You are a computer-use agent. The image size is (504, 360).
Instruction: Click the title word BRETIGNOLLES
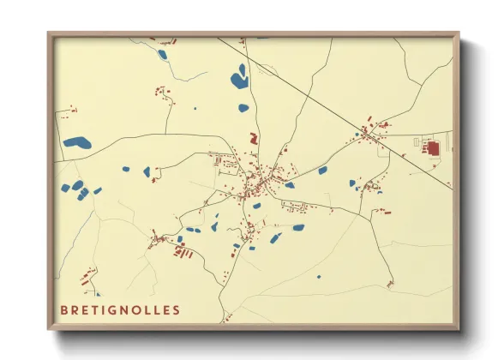(120, 309)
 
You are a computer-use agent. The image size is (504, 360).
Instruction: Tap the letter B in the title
(63, 309)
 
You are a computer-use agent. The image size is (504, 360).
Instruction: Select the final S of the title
(177, 309)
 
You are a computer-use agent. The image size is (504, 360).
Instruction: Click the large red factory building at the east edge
(433, 148)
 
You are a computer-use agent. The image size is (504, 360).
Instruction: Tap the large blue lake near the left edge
(76, 143)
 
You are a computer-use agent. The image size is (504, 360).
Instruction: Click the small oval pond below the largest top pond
(243, 108)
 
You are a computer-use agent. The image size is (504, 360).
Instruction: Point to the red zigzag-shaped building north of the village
(253, 137)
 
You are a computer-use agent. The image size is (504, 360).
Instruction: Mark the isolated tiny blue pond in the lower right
(318, 277)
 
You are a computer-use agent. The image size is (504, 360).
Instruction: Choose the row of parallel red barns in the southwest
(181, 251)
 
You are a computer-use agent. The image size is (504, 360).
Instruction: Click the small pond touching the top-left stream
(162, 54)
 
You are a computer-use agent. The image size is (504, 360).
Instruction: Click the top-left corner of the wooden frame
(49, 33)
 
